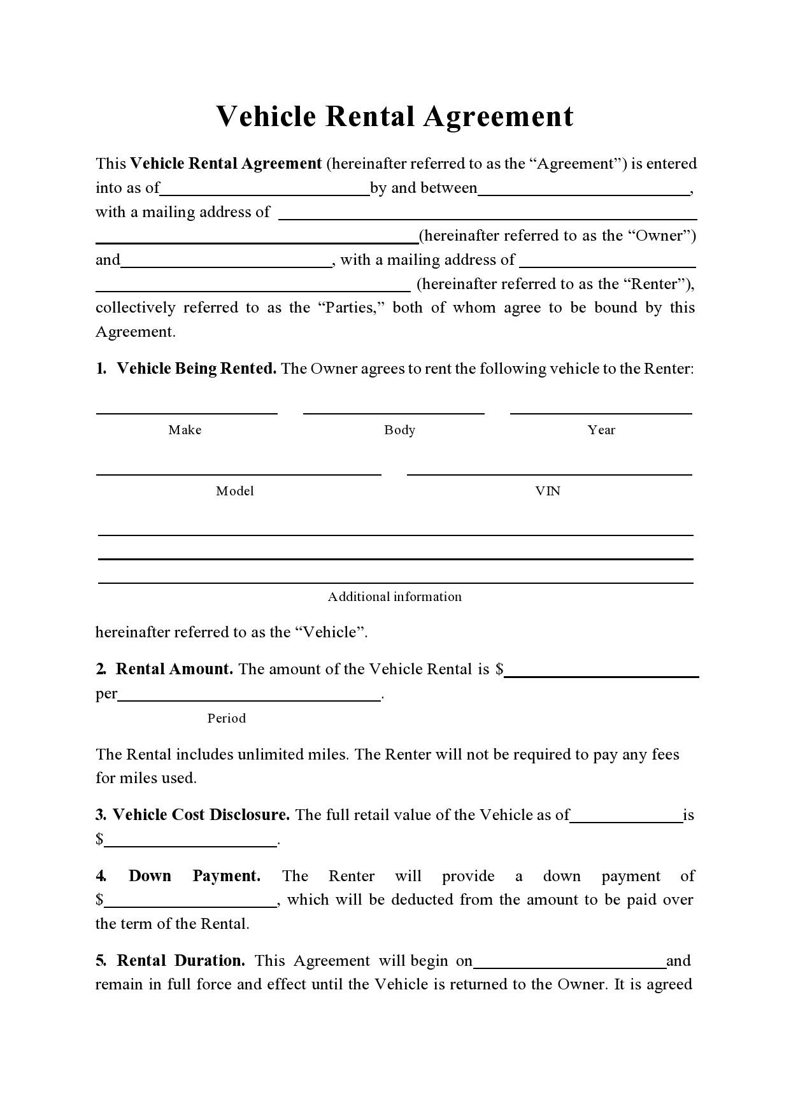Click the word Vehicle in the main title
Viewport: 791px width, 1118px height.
point(266,117)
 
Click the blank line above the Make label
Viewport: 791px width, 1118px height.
point(187,412)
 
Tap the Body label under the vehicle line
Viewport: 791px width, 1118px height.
point(399,430)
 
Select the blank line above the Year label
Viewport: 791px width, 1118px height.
point(601,412)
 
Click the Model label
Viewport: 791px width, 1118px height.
point(234,492)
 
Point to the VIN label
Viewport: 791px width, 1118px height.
point(548,492)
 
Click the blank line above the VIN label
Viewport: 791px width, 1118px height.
point(549,473)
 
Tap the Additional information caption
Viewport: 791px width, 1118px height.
point(394,597)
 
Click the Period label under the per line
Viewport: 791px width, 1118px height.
point(226,719)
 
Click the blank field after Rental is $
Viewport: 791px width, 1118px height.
point(601,675)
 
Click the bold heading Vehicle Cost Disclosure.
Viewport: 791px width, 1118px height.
point(201,815)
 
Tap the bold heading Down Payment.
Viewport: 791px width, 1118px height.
point(194,876)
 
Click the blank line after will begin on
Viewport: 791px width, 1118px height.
point(569,966)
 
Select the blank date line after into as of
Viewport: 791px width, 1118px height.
point(264,193)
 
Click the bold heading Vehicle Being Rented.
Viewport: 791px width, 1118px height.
point(196,369)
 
